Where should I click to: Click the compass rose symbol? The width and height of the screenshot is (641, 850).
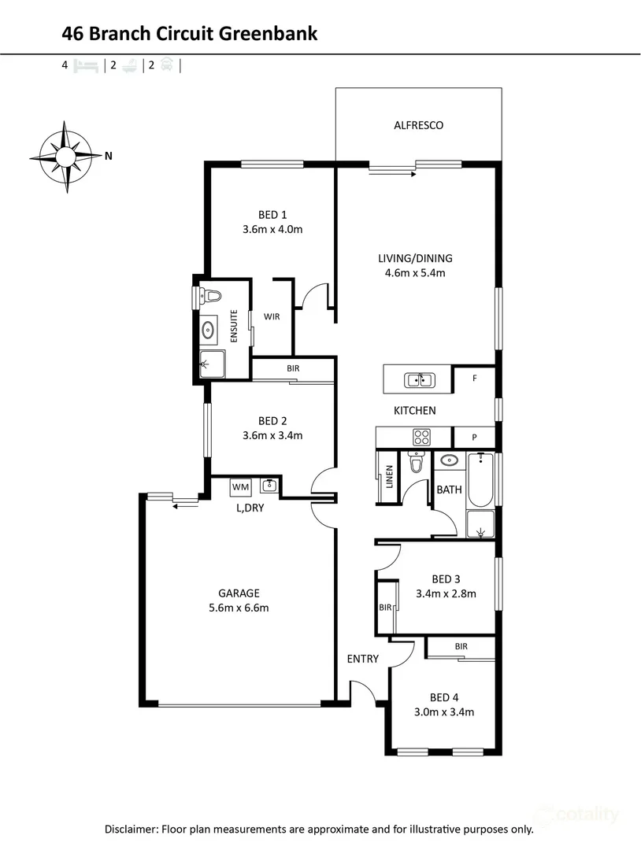click(66, 156)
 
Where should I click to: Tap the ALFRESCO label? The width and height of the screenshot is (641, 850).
click(418, 125)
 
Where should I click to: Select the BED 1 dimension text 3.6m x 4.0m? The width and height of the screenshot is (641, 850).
click(272, 230)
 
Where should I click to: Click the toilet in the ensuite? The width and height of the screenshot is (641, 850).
click(210, 297)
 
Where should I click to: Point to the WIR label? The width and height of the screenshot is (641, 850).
click(272, 317)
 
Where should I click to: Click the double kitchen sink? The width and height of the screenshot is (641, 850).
click(418, 381)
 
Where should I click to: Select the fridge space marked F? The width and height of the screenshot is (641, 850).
click(474, 379)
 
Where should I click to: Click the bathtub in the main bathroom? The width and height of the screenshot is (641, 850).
click(480, 480)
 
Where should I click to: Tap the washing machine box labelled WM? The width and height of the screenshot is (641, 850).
click(240, 487)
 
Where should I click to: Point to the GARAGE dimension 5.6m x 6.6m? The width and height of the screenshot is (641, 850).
click(239, 608)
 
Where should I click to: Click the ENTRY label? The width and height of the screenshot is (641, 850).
click(363, 659)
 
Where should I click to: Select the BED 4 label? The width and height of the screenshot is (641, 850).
click(444, 697)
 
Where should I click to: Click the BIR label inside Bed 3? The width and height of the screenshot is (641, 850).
click(385, 608)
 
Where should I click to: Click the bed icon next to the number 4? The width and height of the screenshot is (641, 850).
click(86, 67)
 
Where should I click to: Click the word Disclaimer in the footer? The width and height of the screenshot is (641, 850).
click(132, 829)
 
